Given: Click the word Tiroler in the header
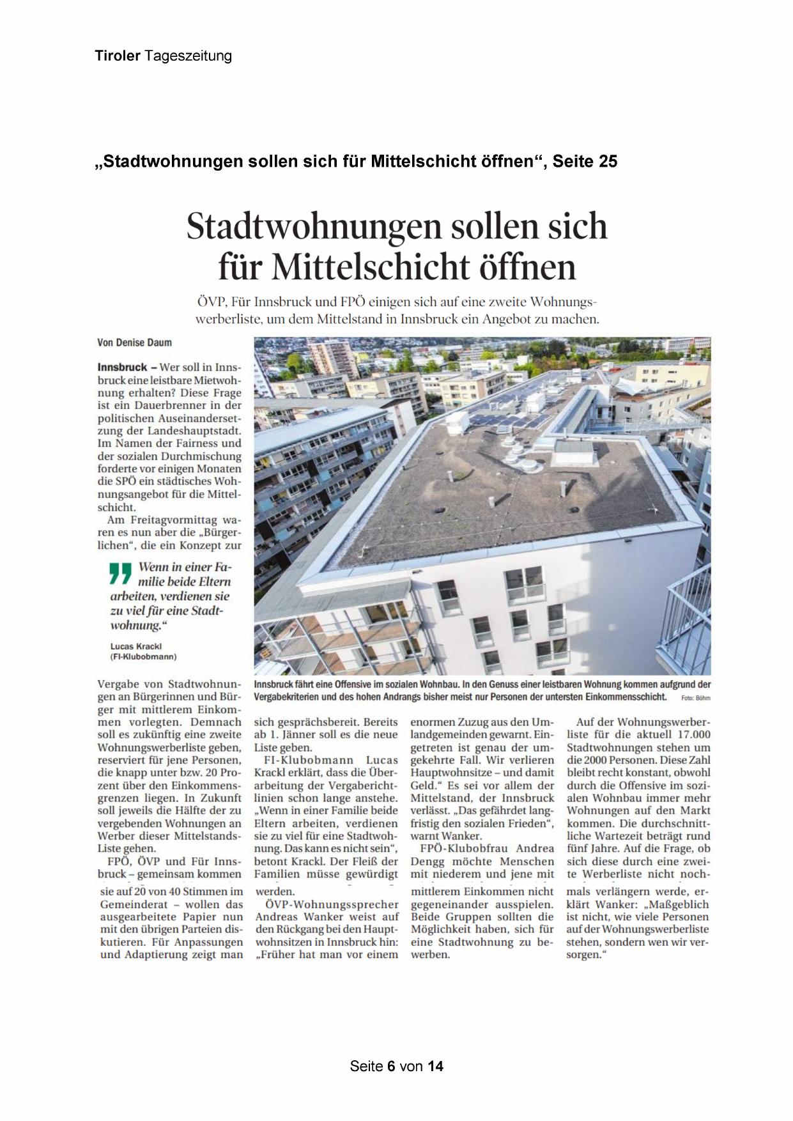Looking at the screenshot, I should pyautogui.click(x=118, y=56).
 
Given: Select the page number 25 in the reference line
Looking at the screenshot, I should pyautogui.click(x=608, y=162).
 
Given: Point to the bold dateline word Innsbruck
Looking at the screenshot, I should pyautogui.click(x=122, y=367).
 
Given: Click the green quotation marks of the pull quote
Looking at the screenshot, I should pyautogui.click(x=120, y=573).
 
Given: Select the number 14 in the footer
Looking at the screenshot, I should pyautogui.click(x=435, y=1066).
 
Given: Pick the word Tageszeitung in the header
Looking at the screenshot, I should pyautogui.click(x=188, y=56).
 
